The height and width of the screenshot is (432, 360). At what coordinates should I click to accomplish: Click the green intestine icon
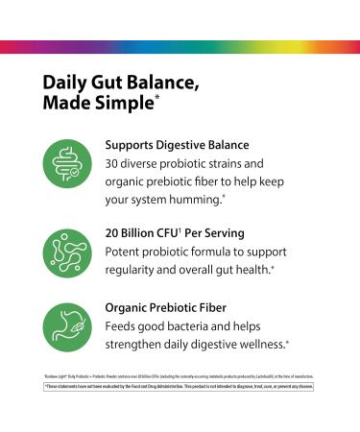point(66,159)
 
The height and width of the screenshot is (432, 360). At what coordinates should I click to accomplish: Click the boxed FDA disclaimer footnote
point(180,388)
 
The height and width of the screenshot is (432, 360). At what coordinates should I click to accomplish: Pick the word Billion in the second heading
point(154,231)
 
